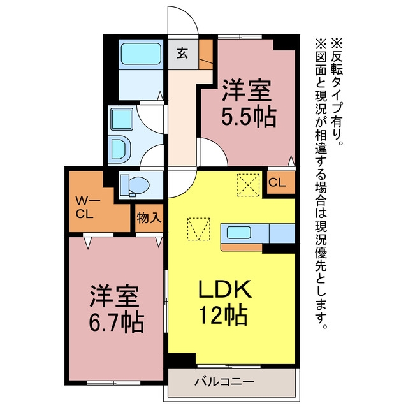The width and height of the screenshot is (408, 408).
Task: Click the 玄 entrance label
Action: [x=182, y=54]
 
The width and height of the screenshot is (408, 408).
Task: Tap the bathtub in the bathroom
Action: [x=141, y=54]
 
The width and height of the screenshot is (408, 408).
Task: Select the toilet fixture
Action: [x=135, y=185]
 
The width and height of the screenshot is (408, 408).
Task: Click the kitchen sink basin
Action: [x=239, y=232]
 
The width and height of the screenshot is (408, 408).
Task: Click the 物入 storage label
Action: [x=149, y=217]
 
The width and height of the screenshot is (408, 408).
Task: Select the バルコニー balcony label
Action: [x=224, y=382]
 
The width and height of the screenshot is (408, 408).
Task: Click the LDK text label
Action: [x=225, y=289]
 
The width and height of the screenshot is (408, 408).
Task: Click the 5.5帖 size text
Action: [x=249, y=116]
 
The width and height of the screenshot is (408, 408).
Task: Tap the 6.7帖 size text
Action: [x=116, y=322]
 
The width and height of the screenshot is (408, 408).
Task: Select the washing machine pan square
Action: [x=122, y=119]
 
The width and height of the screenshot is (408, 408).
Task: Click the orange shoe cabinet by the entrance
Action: [x=206, y=54]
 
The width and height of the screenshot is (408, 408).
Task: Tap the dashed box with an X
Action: [x=248, y=185]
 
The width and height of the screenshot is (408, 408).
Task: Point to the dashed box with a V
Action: [x=199, y=229]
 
